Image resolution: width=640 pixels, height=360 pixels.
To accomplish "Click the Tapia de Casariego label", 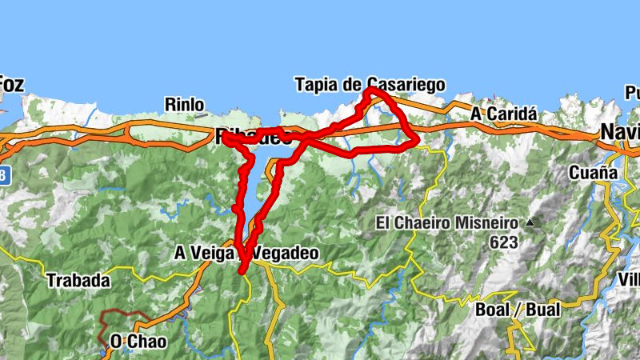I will coord(369,84).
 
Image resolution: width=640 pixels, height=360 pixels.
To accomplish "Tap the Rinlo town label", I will coord(184,104).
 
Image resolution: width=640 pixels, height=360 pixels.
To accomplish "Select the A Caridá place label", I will coord(502,114).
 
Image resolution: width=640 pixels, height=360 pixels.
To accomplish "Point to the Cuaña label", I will coord(593,172).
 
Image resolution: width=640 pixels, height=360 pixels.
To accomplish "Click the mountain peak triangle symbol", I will coord(530,222).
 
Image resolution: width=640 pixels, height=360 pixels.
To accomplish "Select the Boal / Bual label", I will coord(514,310).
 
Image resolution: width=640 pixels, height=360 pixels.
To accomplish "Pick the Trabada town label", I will coord(77,281).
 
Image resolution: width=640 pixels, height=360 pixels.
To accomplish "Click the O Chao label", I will coord(138,342).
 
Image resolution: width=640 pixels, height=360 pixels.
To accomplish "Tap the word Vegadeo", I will coord(286,253).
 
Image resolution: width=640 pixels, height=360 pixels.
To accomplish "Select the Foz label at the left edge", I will coord(10,83).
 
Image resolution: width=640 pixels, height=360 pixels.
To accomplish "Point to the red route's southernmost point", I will coord(242,272).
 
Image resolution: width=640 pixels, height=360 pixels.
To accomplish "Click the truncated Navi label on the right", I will coord(620,131).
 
